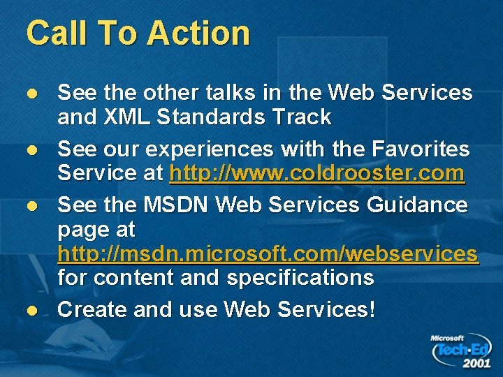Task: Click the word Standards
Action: [x=210, y=117]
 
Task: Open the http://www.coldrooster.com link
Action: [x=317, y=172]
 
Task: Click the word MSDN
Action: [x=176, y=205]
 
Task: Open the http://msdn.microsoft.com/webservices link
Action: [x=268, y=253]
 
